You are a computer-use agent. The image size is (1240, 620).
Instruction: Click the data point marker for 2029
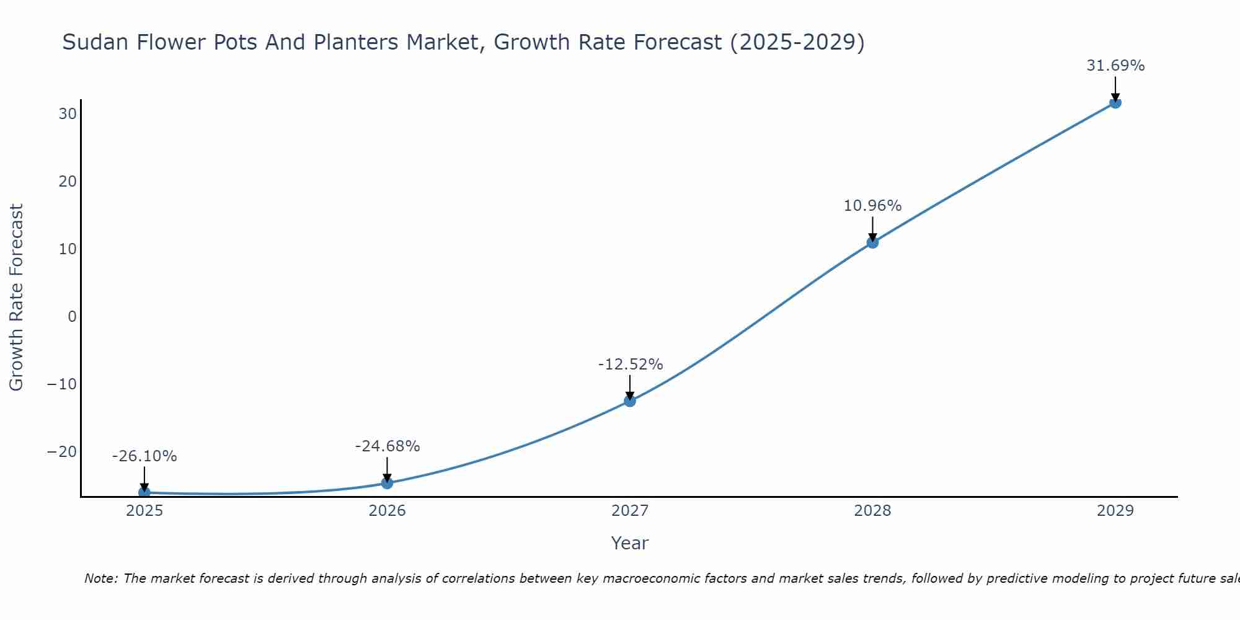1115,102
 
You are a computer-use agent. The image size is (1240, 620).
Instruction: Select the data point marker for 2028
872,242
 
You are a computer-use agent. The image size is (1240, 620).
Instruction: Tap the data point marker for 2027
630,401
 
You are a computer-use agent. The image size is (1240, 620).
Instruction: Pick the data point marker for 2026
387,483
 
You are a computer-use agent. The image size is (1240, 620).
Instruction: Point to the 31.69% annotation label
1115,66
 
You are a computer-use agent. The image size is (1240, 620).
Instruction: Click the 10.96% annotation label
872,206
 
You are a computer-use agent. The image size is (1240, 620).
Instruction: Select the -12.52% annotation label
630,365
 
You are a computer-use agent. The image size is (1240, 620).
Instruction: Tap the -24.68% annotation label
387,446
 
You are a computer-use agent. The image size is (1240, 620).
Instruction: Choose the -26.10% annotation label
144,456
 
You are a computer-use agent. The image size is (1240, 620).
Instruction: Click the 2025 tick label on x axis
144,511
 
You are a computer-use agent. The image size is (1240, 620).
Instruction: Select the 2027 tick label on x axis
630,511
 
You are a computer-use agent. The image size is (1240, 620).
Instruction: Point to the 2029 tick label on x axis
1115,511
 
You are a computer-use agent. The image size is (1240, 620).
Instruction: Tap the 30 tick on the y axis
68,114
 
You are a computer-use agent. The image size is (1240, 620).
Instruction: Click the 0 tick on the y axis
73,317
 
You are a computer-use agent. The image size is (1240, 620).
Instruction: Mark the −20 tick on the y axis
62,452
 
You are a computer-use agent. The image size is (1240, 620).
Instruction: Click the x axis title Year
629,543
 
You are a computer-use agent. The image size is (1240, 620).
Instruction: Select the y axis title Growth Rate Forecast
16,298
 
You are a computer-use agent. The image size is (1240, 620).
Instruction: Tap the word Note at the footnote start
100,578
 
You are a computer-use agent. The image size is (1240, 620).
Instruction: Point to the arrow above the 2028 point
872,228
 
